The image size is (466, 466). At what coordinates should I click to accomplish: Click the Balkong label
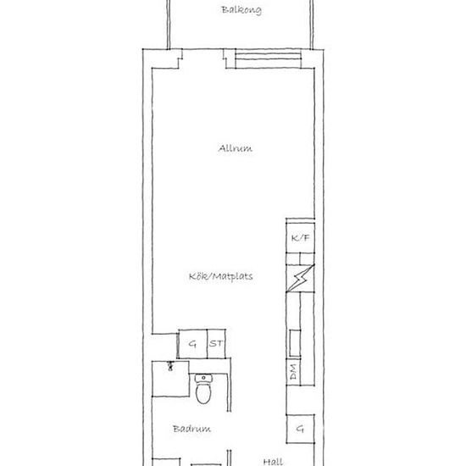coord(241,11)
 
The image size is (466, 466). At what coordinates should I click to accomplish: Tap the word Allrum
coord(235,148)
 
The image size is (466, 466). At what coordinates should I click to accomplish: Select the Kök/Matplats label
coord(221,276)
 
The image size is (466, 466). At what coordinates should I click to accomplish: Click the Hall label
coord(272,462)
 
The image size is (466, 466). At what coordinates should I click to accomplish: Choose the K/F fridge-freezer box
coord(301,239)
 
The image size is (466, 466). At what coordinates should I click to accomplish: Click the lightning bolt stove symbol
coord(301,279)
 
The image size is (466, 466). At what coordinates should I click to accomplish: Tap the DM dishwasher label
coord(293,373)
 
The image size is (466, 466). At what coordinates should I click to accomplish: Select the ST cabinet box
coord(217,343)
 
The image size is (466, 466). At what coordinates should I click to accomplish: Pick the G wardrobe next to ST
coord(192,343)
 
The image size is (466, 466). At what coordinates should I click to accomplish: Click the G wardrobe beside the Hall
coord(300,430)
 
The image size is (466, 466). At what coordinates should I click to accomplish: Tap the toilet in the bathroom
coord(204,393)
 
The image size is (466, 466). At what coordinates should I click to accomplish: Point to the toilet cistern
coord(204,378)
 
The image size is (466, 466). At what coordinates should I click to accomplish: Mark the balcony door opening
coord(203,58)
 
